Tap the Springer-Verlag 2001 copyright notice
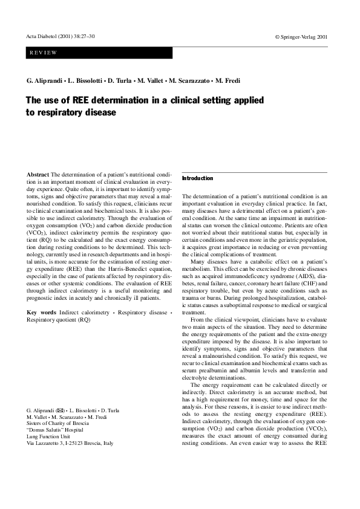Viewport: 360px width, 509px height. [x=301, y=37]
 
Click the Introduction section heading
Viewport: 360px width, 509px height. [x=198, y=178]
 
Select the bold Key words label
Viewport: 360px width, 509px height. [x=42, y=312]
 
